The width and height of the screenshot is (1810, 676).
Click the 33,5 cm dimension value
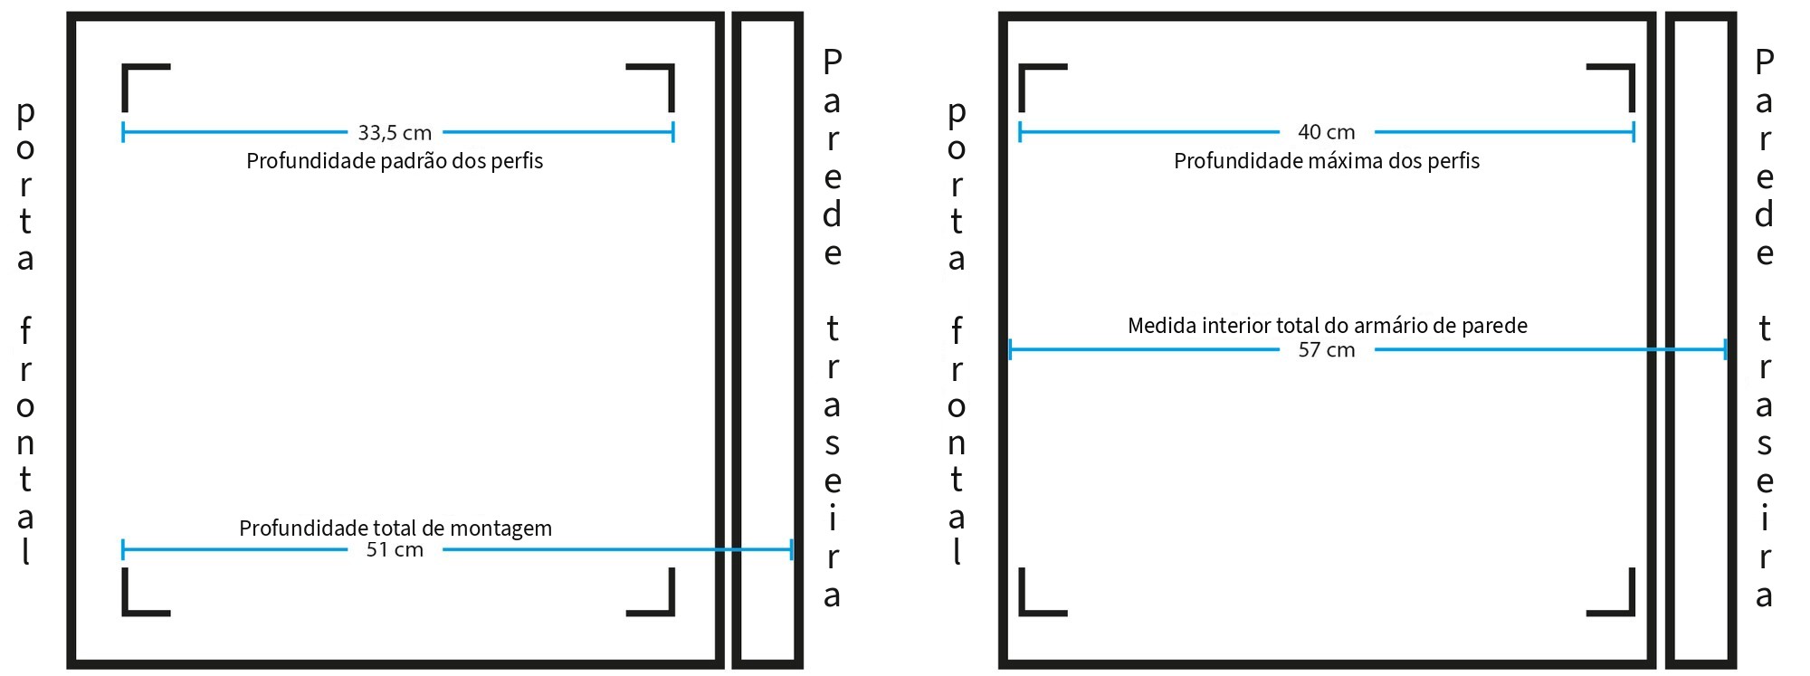click(x=395, y=133)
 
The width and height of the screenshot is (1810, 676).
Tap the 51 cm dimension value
click(x=395, y=550)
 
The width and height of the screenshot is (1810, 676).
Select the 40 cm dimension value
click(x=1327, y=132)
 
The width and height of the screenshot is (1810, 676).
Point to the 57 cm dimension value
click(x=1327, y=350)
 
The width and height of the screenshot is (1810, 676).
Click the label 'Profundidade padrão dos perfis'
click(x=395, y=162)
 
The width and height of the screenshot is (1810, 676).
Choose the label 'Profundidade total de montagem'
click(x=395, y=528)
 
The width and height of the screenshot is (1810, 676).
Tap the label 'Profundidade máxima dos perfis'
click(x=1327, y=162)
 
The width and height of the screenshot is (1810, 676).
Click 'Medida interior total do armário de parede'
click(x=1328, y=326)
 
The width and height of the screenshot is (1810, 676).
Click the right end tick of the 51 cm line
click(x=792, y=549)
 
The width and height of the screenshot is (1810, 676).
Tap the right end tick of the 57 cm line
click(x=1726, y=349)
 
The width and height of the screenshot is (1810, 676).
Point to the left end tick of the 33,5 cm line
click(x=123, y=132)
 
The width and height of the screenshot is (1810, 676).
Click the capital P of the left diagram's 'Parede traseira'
click(x=832, y=62)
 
